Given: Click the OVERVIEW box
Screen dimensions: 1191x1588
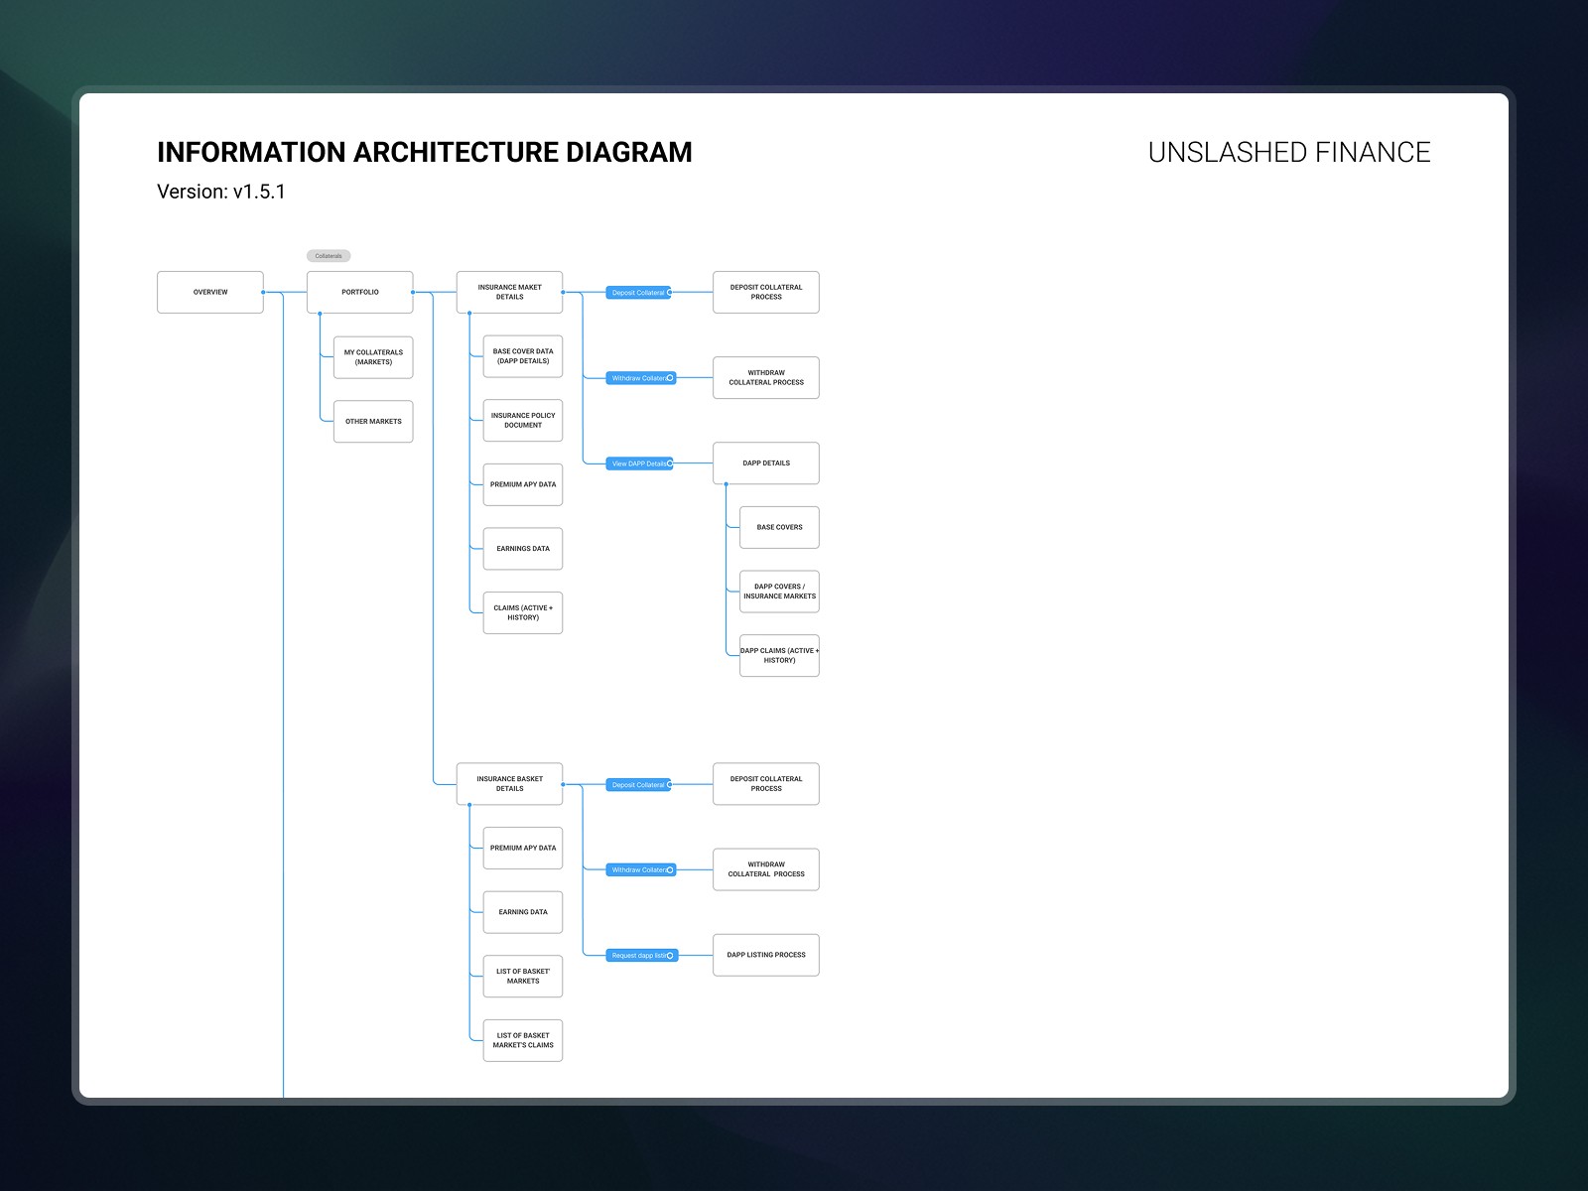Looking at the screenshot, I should (210, 292).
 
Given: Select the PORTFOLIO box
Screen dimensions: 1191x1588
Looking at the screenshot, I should (359, 292).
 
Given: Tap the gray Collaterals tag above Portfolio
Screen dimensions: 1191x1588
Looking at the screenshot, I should (329, 256).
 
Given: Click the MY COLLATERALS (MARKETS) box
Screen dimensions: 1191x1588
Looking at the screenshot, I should (373, 357).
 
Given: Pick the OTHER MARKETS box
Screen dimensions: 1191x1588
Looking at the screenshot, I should (373, 422).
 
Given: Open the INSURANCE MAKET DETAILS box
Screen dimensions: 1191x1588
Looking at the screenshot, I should (509, 292).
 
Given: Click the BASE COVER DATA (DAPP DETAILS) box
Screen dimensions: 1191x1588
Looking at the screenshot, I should (523, 356).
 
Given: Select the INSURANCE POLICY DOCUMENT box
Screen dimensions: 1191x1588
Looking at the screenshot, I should (523, 421).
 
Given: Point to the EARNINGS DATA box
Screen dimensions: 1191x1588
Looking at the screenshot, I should (523, 549).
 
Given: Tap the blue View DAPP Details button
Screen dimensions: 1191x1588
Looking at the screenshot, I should (640, 463).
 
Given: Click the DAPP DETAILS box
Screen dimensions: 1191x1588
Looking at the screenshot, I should (766, 463).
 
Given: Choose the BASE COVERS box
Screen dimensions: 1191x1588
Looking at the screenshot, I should (779, 527).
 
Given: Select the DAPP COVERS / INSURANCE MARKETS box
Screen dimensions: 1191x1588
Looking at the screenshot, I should (779, 592).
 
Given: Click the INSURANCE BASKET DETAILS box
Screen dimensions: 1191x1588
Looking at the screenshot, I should (509, 784).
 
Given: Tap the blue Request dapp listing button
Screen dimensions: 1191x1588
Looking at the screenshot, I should (642, 956).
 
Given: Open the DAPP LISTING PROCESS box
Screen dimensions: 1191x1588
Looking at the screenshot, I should (766, 955).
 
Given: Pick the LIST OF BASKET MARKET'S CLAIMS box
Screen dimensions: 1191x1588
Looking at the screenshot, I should (523, 1040).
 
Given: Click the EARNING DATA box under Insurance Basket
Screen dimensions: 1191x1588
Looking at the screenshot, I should (523, 912).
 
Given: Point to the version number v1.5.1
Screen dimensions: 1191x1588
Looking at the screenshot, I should (259, 192).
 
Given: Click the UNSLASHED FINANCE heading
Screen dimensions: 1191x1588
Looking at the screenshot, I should (1288, 153).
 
